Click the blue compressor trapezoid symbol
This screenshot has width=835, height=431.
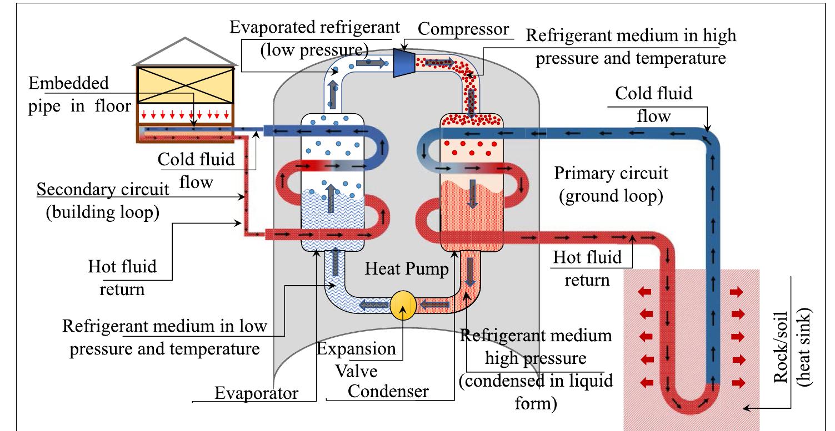click(x=407, y=62)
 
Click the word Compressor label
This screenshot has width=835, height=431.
click(x=463, y=29)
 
